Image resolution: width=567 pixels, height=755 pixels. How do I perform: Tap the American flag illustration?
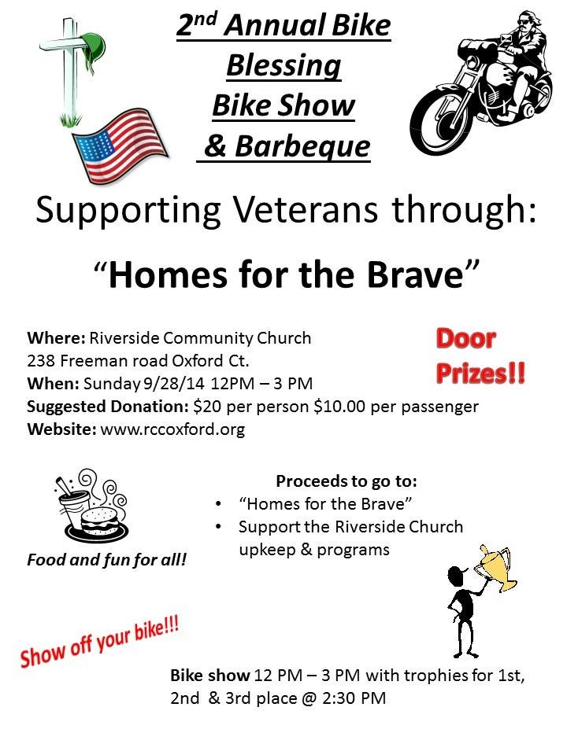click(x=120, y=145)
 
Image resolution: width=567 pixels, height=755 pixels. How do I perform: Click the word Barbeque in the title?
click(x=302, y=146)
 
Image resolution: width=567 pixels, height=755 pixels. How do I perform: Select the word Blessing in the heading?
click(x=284, y=65)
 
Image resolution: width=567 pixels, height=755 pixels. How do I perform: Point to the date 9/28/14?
click(x=173, y=383)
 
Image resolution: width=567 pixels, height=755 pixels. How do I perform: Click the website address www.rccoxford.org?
click(x=172, y=429)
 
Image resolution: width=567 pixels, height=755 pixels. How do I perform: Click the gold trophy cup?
click(x=496, y=568)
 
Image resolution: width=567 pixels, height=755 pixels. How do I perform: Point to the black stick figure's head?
click(x=456, y=576)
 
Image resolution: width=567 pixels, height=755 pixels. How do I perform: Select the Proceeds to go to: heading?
click(x=346, y=481)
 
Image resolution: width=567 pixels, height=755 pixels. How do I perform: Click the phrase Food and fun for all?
click(x=106, y=560)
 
